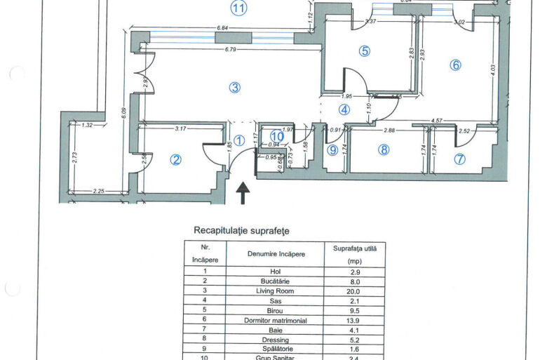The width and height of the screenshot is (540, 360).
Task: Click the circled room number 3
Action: [235, 88]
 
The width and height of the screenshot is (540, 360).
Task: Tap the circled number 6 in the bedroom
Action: [455, 65]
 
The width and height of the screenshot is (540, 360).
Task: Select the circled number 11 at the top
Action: [239, 8]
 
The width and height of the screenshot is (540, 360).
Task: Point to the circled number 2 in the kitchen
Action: [176, 160]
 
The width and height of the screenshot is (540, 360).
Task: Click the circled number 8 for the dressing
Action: [384, 149]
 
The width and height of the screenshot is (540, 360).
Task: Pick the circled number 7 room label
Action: [459, 159]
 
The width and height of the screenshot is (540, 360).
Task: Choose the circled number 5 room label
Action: [364, 51]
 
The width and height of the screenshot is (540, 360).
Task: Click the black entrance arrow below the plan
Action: [243, 193]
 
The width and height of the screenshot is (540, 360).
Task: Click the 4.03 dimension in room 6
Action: [493, 70]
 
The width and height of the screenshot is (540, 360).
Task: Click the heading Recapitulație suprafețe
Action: [241, 230]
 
